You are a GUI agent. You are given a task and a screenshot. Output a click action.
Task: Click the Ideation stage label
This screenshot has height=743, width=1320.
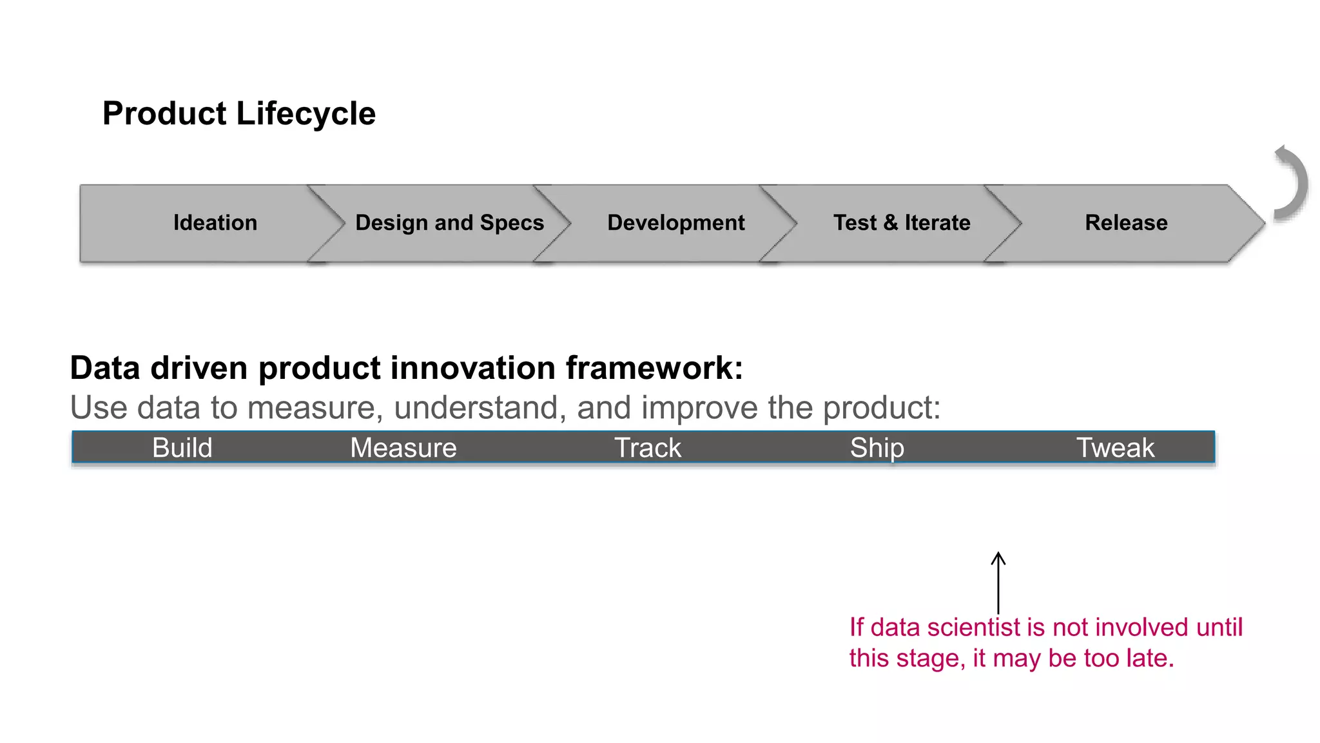click(215, 223)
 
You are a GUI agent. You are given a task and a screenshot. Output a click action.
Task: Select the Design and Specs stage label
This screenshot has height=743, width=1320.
click(449, 223)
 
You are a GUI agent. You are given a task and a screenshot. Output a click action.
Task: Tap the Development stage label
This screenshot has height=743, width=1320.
click(675, 223)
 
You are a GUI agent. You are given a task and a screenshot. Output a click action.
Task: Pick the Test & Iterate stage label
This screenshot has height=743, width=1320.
click(901, 223)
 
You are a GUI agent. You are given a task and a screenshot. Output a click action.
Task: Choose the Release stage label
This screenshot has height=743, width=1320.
click(1126, 223)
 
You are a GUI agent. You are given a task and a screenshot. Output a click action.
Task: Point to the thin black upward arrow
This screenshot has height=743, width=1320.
click(998, 583)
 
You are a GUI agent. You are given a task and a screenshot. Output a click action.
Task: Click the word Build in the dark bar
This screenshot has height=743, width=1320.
click(182, 448)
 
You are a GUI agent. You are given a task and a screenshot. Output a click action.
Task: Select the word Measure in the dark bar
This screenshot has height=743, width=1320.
click(403, 448)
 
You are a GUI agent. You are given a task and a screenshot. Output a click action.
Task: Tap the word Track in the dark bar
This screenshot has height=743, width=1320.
click(647, 448)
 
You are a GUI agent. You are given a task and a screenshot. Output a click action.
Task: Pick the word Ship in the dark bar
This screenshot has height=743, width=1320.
click(877, 448)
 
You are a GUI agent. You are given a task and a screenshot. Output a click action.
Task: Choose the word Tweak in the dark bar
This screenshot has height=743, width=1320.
click(1115, 448)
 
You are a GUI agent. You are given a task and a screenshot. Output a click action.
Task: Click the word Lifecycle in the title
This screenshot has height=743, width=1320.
click(306, 114)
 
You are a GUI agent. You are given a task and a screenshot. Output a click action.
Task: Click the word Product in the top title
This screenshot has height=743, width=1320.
click(164, 114)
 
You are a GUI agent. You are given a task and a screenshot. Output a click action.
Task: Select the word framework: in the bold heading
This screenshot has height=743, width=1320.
click(654, 369)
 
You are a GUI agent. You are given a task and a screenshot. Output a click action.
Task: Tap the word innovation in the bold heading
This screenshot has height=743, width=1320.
click(477, 369)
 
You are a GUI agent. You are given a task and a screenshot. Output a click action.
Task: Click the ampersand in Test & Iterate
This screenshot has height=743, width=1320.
click(891, 223)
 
